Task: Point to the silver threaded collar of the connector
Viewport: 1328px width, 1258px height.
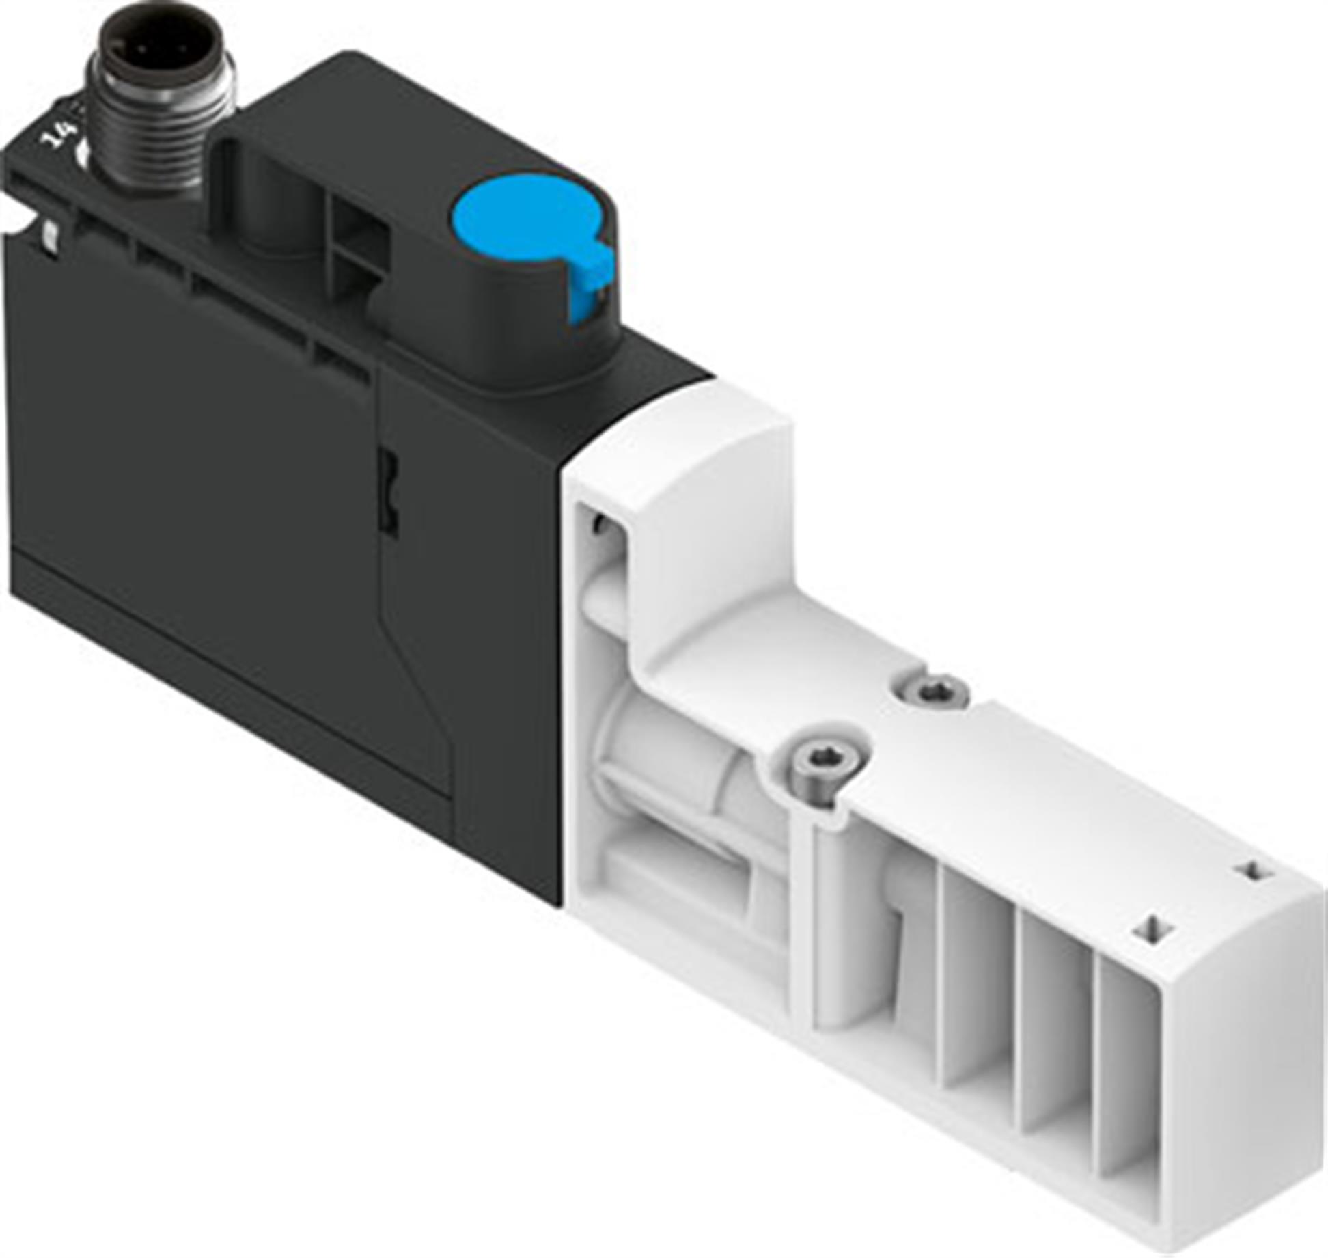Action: [164, 130]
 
